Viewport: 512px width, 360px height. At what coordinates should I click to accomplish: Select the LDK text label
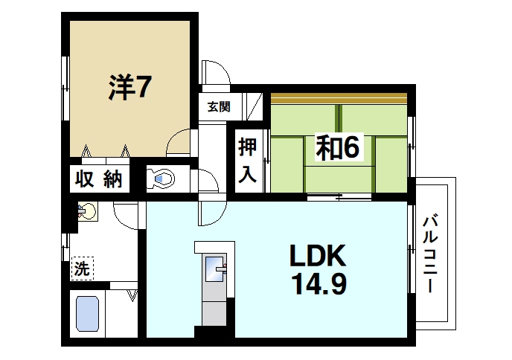pyautogui.click(x=316, y=257)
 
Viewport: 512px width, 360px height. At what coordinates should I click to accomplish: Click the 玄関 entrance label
pyautogui.click(x=218, y=106)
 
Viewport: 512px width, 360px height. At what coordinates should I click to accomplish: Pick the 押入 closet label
pyautogui.click(x=248, y=161)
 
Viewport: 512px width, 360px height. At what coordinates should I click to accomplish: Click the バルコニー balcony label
pyautogui.click(x=430, y=253)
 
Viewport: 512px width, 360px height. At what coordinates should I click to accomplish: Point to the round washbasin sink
pyautogui.click(x=89, y=213)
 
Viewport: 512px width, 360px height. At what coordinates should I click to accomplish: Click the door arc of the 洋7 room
pyautogui.click(x=179, y=142)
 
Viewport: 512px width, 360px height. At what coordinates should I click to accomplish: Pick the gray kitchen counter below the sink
pyautogui.click(x=214, y=305)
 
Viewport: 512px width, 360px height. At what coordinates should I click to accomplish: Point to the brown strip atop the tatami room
pyautogui.click(x=339, y=97)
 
